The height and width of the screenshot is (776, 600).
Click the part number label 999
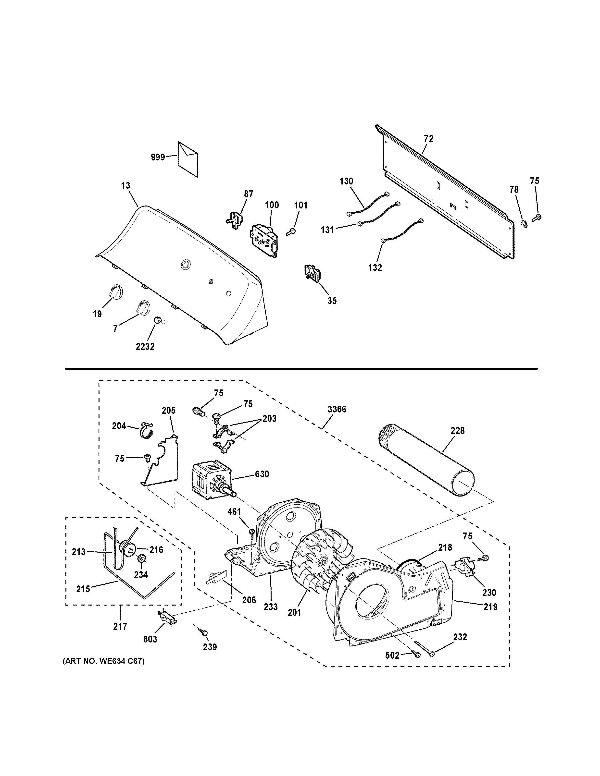[158, 157]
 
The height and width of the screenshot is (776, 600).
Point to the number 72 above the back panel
[429, 139]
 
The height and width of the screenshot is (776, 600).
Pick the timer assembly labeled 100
[265, 240]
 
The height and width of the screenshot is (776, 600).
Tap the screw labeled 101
[291, 231]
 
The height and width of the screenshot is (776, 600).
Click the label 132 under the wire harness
[375, 267]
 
